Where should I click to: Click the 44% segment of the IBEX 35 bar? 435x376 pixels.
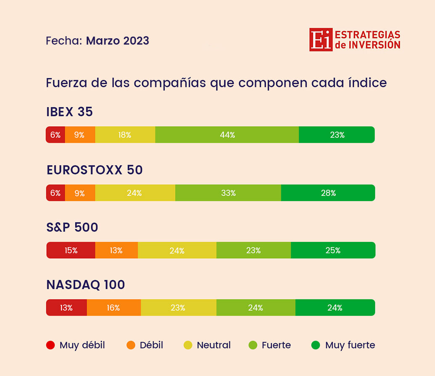(227, 135)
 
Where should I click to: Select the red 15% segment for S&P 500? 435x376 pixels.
(71, 250)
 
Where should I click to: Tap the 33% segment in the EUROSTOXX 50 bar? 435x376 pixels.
(228, 193)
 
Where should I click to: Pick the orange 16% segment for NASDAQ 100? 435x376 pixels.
(114, 307)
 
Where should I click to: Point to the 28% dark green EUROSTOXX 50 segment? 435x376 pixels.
(328, 193)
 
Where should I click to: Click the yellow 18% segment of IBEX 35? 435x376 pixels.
(125, 135)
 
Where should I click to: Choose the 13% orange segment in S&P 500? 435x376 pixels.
(116, 250)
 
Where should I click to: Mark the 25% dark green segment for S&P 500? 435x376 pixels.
(333, 250)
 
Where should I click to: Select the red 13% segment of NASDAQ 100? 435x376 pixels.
(66, 307)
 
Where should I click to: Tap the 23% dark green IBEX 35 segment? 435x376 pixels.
(337, 135)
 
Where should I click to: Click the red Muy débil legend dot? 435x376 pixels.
(50, 345)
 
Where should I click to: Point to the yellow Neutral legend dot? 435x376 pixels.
(188, 345)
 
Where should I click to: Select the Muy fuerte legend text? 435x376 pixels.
(350, 345)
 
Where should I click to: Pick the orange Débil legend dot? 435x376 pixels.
(131, 345)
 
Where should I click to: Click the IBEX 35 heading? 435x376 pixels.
(69, 112)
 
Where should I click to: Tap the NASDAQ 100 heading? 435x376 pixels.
(86, 285)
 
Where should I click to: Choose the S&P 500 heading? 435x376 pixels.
(72, 228)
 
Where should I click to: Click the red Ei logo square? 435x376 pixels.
(321, 40)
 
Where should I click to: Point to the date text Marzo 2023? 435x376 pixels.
(117, 41)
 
